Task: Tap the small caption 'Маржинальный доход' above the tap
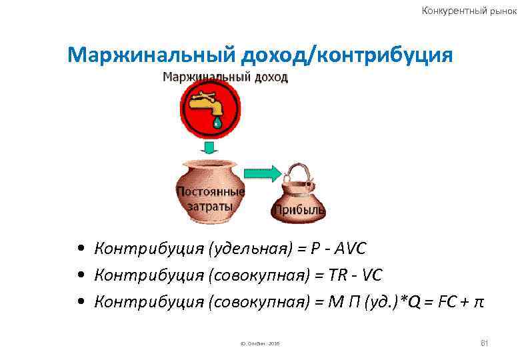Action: [225, 77]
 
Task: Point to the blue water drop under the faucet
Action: [217, 123]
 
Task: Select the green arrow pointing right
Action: [262, 173]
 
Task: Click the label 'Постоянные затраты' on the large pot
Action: [210, 199]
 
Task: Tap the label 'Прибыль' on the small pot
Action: [299, 211]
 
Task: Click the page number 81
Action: [485, 343]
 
